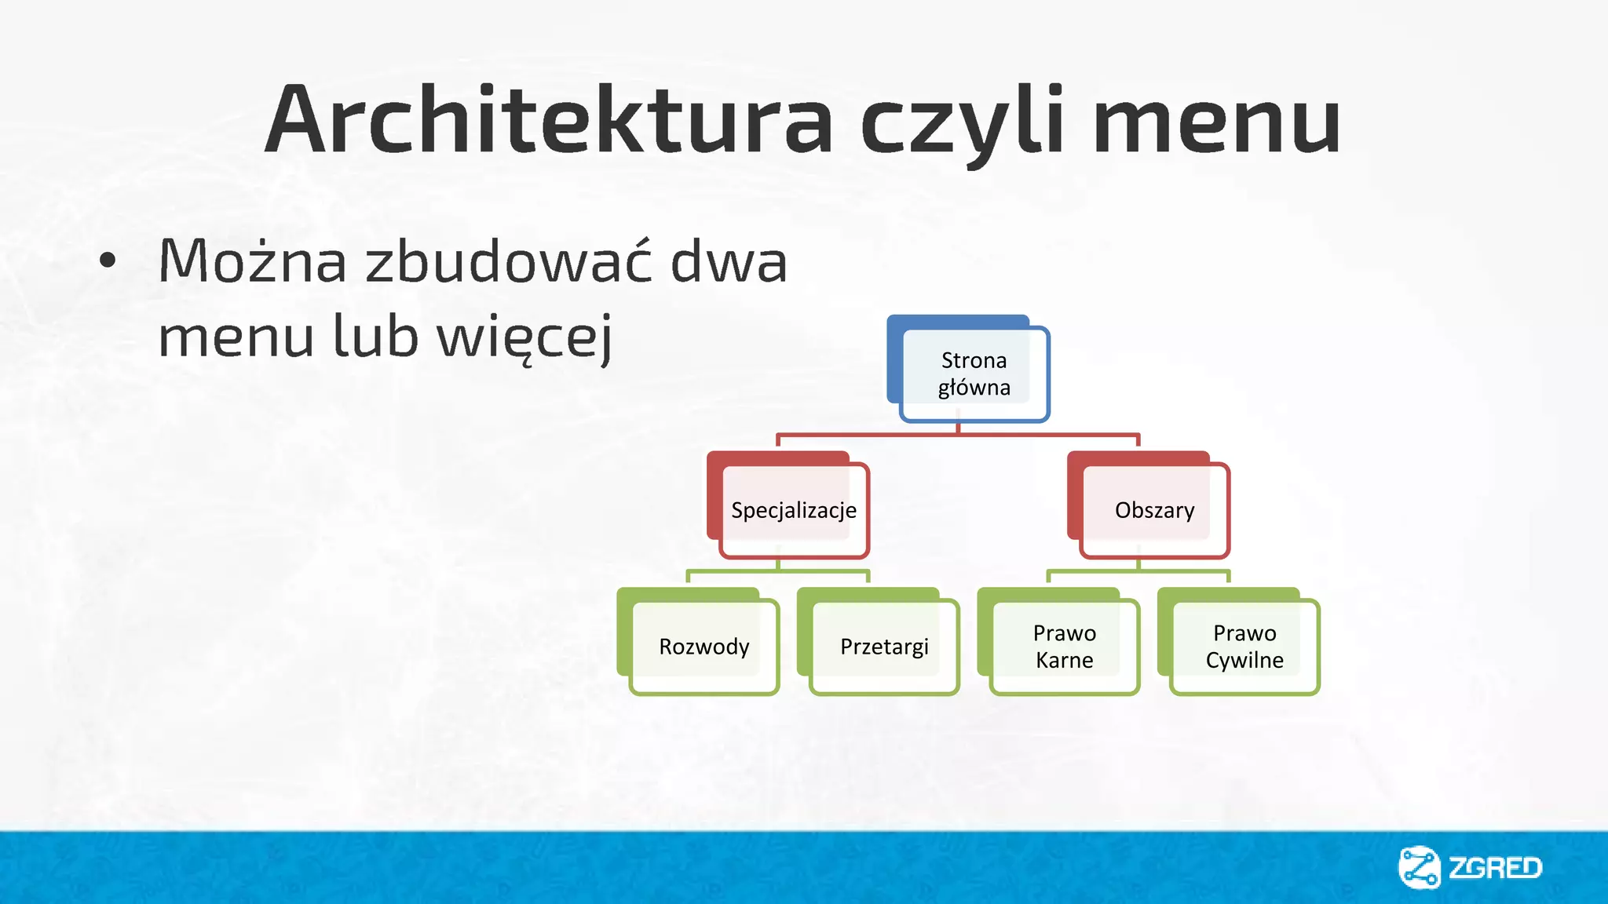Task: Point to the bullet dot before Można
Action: tap(108, 261)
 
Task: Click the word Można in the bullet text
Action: tap(252, 261)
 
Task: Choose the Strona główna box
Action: tap(974, 374)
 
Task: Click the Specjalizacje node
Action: tap(793, 510)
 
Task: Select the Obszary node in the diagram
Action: tap(1154, 510)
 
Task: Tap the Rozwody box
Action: tap(703, 647)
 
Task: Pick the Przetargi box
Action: tap(884, 647)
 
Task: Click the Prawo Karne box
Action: tap(1064, 647)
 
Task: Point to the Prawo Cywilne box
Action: tap(1244, 647)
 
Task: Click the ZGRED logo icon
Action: tap(1419, 867)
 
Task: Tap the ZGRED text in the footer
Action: tap(1495, 868)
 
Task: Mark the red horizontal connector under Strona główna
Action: tap(864, 434)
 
